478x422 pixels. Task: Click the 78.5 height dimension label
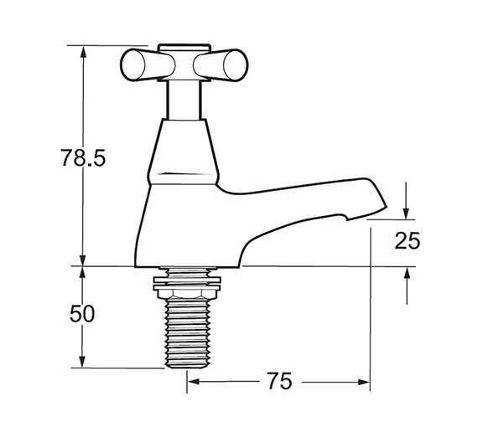point(82,157)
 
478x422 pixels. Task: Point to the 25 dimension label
point(407,241)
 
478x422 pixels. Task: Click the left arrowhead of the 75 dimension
point(192,383)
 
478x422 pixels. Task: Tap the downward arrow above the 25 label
point(407,209)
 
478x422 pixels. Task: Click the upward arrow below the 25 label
point(407,274)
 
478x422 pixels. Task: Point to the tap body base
point(185,251)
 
